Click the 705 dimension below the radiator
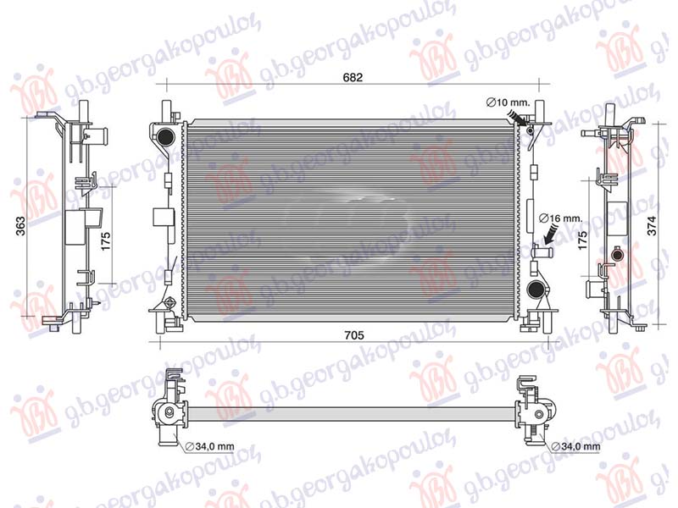pyautogui.click(x=354, y=335)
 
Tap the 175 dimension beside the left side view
pyautogui.click(x=107, y=240)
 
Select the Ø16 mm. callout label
pyautogui.click(x=562, y=218)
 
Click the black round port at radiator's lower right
pyautogui.click(x=535, y=291)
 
